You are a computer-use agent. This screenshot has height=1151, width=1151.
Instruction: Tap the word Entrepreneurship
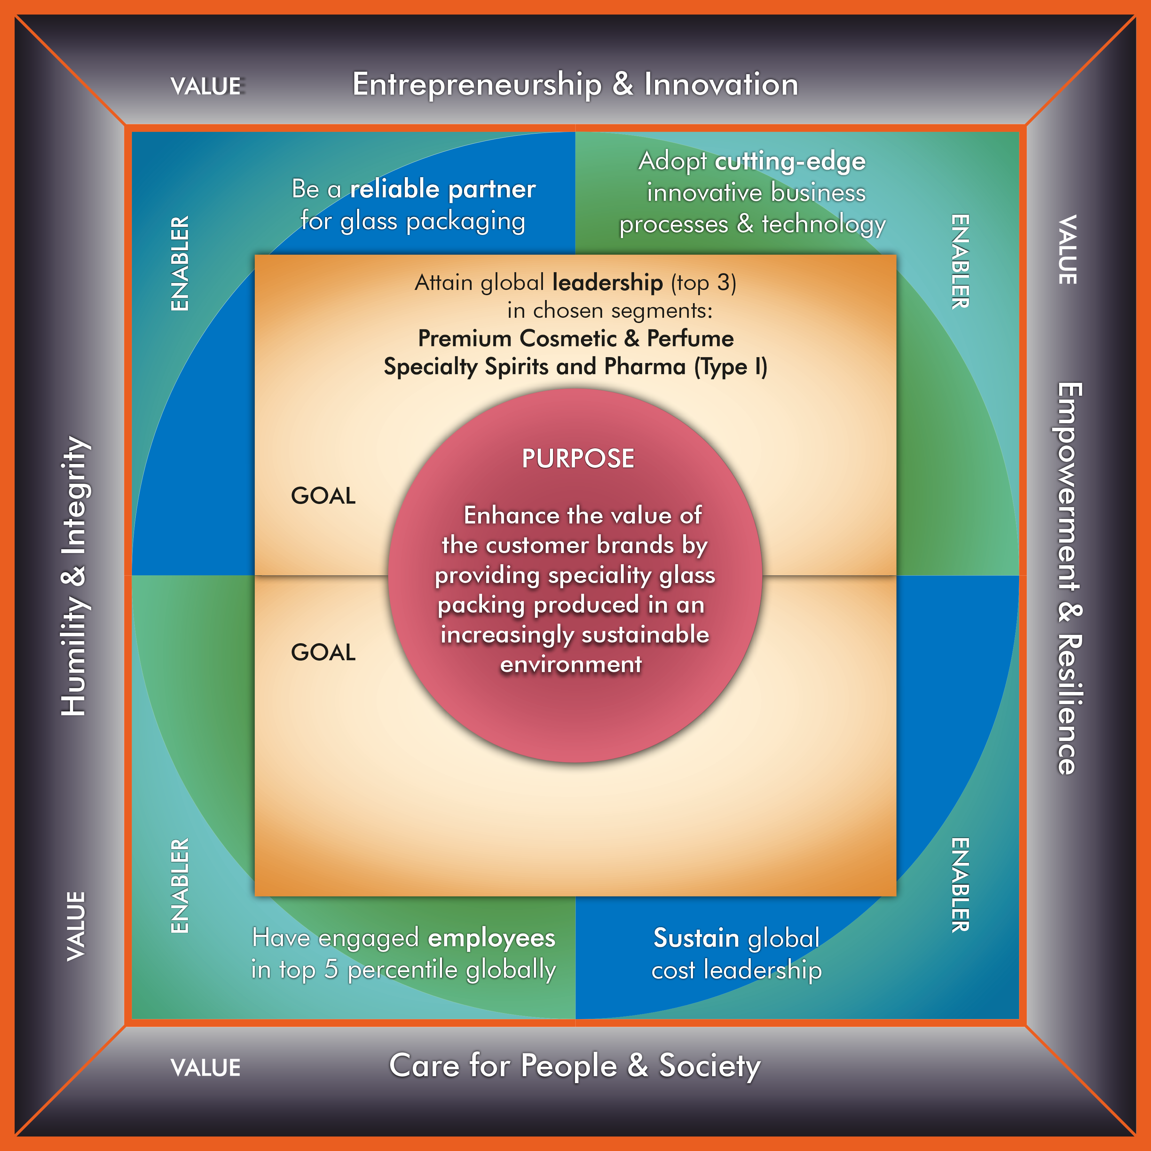pos(476,85)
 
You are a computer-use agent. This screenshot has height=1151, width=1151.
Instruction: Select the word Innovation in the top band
pos(721,85)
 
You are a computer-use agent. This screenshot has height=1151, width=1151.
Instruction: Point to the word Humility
pos(74,655)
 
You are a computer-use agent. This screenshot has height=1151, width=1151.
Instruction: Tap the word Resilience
pos(1069,703)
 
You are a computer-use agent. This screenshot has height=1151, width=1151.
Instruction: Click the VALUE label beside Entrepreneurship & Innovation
pos(206,86)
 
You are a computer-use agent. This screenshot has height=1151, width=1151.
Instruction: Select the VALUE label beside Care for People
pos(206,1067)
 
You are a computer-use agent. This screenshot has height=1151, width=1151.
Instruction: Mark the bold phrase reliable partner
pos(443,189)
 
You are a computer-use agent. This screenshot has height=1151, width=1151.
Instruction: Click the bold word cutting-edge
pos(790,161)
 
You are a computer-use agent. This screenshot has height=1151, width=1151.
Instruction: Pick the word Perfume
pos(690,338)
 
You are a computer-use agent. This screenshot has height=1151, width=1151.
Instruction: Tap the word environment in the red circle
pos(571,664)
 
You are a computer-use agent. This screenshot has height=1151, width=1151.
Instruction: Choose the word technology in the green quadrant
pos(823,224)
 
